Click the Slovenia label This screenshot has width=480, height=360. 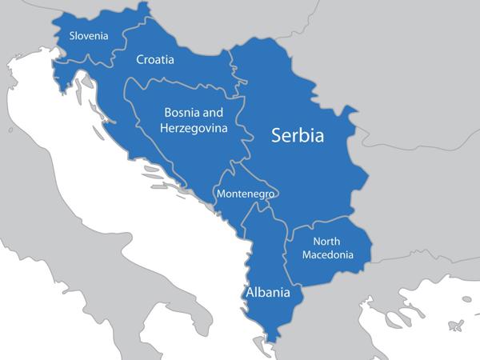[x=89, y=35]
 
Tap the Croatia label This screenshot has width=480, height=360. [x=155, y=59]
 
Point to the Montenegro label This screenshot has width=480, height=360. [x=246, y=194]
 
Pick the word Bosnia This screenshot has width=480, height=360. [x=183, y=114]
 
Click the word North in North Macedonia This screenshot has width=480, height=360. [x=328, y=241]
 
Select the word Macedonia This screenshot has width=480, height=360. [x=328, y=255]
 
